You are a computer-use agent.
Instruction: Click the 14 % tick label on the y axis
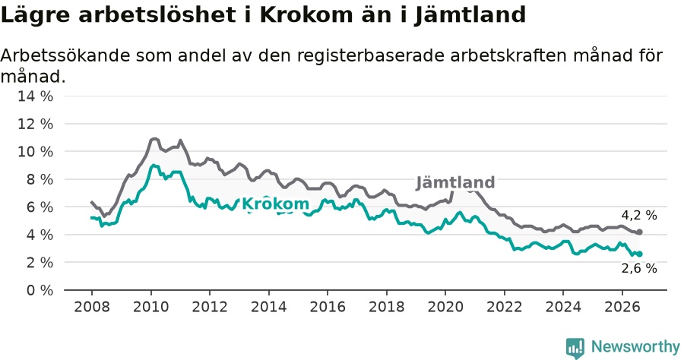coord(35,96)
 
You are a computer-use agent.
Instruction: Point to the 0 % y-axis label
coord(40,290)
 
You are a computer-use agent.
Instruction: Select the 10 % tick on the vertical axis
coord(35,152)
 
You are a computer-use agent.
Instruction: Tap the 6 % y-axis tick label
coord(40,207)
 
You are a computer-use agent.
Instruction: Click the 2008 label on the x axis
coord(92,307)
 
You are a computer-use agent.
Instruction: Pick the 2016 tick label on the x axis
coord(328,307)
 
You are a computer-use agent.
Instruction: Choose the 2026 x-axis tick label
coord(622,307)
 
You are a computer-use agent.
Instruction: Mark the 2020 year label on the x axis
coord(445,307)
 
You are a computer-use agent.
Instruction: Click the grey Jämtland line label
coord(455,182)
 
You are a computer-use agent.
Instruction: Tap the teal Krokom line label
coord(275,204)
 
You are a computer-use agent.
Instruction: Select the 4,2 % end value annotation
coord(639,215)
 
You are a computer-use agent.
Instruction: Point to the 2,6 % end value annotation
coord(639,268)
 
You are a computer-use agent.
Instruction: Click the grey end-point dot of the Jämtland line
coord(639,232)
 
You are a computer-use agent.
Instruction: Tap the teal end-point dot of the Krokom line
coord(639,254)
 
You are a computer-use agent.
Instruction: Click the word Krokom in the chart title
coord(306,15)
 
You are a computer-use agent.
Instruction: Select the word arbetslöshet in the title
coord(157,15)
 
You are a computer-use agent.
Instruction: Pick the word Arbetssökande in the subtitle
coord(65,55)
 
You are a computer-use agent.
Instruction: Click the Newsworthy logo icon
coord(575,348)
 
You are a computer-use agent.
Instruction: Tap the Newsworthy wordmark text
coord(635,347)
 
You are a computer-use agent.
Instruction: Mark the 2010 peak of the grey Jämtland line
coord(154,139)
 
